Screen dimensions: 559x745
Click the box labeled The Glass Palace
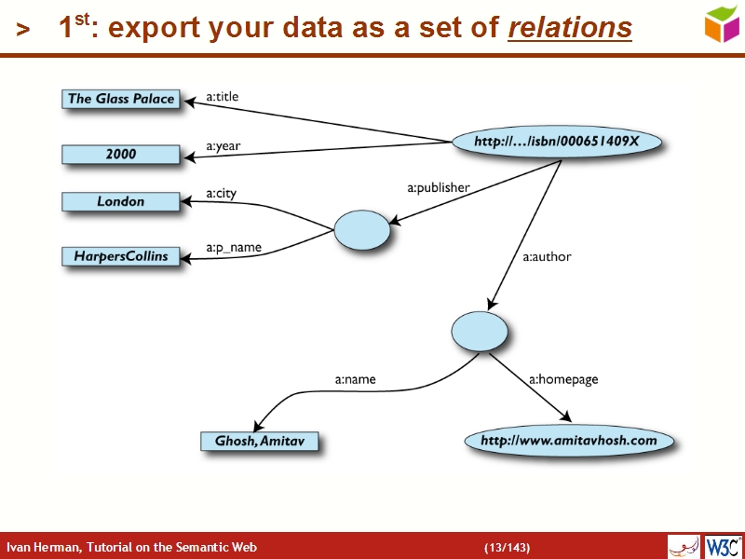point(121,99)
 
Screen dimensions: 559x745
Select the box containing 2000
point(121,155)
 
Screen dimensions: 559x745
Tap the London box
point(121,201)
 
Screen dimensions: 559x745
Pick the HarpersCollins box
point(121,255)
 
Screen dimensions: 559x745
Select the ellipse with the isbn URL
point(557,142)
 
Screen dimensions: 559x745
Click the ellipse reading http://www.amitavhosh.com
point(568,440)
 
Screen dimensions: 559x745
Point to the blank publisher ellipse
point(361,230)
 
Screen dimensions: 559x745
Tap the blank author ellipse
point(480,331)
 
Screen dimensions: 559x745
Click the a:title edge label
point(223,96)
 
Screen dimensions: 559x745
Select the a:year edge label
point(223,146)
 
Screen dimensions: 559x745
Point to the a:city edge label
point(221,194)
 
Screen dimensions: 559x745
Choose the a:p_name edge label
point(233,248)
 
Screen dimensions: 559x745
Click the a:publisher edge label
point(438,187)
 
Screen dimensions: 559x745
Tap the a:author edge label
point(547,256)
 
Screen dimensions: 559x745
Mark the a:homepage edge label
point(563,379)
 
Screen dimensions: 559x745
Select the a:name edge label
point(355,379)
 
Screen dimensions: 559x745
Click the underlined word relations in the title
point(569,29)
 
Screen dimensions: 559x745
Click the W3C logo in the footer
point(723,546)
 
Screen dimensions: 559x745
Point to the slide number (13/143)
point(507,547)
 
